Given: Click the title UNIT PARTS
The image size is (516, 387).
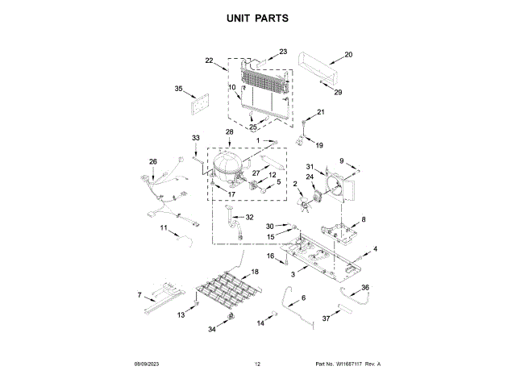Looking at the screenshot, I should click(x=258, y=17).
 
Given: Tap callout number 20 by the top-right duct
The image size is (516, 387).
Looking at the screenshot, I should click(x=348, y=55).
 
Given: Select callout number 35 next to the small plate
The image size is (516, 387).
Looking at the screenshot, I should click(x=179, y=89).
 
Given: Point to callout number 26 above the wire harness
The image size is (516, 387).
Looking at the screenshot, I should click(x=153, y=161).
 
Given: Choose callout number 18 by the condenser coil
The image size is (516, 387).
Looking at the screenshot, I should click(x=256, y=272).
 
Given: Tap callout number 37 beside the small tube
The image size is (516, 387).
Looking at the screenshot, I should click(x=327, y=319).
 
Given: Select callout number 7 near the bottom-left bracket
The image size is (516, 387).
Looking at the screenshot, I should click(x=139, y=295).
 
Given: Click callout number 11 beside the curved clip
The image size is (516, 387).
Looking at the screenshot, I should click(x=164, y=229).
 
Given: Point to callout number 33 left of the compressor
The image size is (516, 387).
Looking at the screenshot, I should click(x=195, y=139).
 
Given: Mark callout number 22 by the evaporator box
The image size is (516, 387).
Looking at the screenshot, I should click(x=209, y=60).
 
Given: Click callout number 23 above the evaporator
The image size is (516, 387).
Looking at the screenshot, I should click(x=283, y=52).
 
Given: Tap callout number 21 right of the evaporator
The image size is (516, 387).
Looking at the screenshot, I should click(x=319, y=112).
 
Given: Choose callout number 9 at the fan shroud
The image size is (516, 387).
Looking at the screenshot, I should click(x=341, y=160).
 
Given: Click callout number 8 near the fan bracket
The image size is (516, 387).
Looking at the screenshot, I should click(x=363, y=219).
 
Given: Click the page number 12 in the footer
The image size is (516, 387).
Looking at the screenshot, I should click(x=258, y=364).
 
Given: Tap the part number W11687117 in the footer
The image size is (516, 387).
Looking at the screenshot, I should click(x=353, y=364).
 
